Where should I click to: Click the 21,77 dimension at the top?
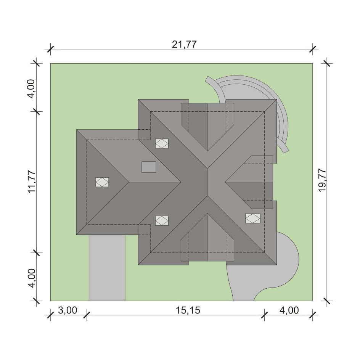184,44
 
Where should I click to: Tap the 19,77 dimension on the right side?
322,180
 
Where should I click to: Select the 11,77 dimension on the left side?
32,182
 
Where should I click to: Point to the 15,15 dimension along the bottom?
188,310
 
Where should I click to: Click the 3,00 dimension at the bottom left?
67,310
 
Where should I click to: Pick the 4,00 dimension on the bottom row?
289,310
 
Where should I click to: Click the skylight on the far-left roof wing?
102,182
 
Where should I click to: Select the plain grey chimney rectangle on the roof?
149,167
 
